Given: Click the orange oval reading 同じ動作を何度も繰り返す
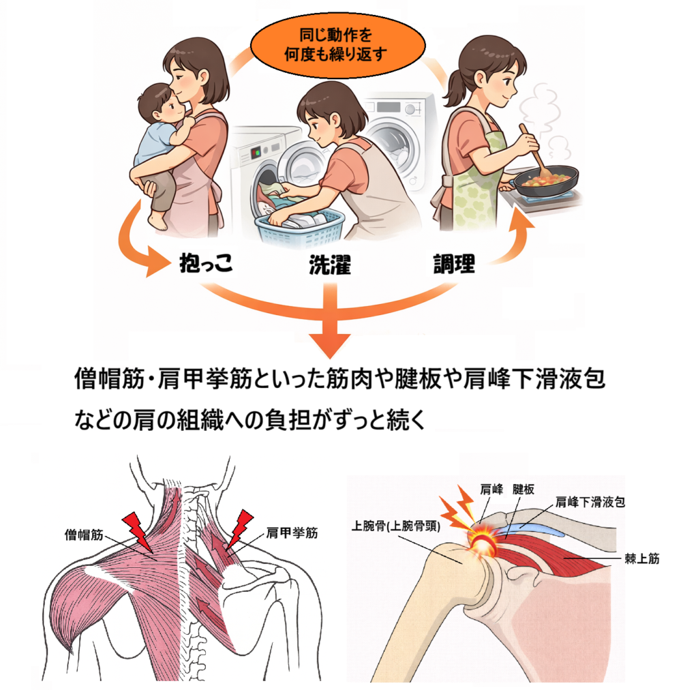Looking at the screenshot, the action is pos(337,45).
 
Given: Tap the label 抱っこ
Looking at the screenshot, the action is pos(206,262).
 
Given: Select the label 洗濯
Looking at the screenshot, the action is pos(330,265).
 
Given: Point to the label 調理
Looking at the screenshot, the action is pos(454,264).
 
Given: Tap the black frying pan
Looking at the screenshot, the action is pos(544,181).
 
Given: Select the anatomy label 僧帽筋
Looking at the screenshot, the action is pos(84,535).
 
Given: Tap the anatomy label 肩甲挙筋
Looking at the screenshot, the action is pos(292,533).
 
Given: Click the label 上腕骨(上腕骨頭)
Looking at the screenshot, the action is pos(396,526).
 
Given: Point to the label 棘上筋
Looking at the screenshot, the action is pos(642,558).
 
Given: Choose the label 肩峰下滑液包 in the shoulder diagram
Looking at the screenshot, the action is pos(590,502).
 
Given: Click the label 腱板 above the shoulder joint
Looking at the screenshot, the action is pos(523,490).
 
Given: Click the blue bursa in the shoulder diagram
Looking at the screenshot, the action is pos(529,528).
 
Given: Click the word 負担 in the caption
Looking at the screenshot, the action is pos(288,419).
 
